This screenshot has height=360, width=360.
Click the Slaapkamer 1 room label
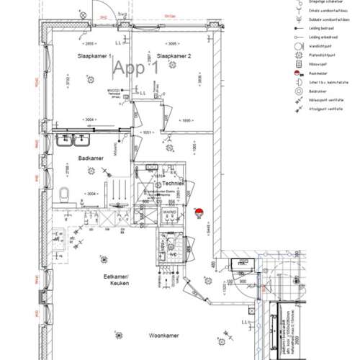[94, 55]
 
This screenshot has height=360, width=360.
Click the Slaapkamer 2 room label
[173, 55]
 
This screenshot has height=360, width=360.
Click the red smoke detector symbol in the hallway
[199, 211]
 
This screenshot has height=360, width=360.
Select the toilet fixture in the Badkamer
[64, 194]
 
